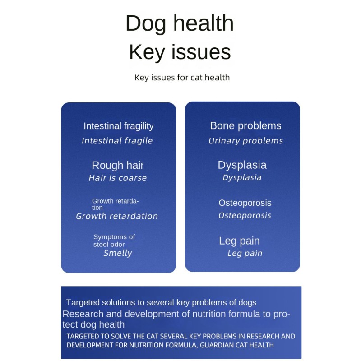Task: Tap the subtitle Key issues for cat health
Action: [x=182, y=78]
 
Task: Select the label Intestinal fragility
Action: [x=118, y=126]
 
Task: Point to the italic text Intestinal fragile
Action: [x=117, y=141]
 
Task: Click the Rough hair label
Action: [x=117, y=165]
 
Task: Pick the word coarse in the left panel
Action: [x=132, y=178]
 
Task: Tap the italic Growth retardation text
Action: [x=117, y=216]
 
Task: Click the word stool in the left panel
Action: [x=102, y=245]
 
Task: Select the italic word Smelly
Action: [x=118, y=253]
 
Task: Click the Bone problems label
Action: [x=245, y=126]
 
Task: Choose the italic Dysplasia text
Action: [x=242, y=177]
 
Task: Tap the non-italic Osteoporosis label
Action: [x=245, y=203]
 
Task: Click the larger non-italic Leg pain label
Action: [x=239, y=241]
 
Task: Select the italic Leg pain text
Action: [x=245, y=254]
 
